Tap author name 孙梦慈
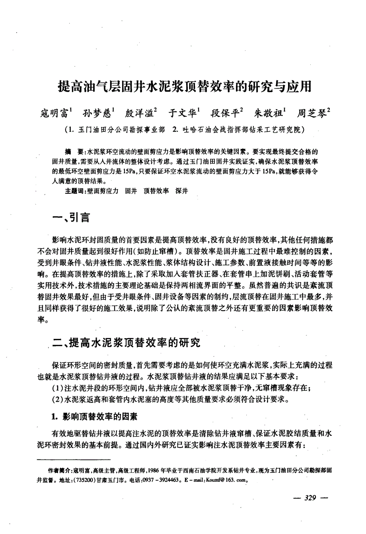(98, 113)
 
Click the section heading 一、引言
(72, 217)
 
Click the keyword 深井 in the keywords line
(182, 191)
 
